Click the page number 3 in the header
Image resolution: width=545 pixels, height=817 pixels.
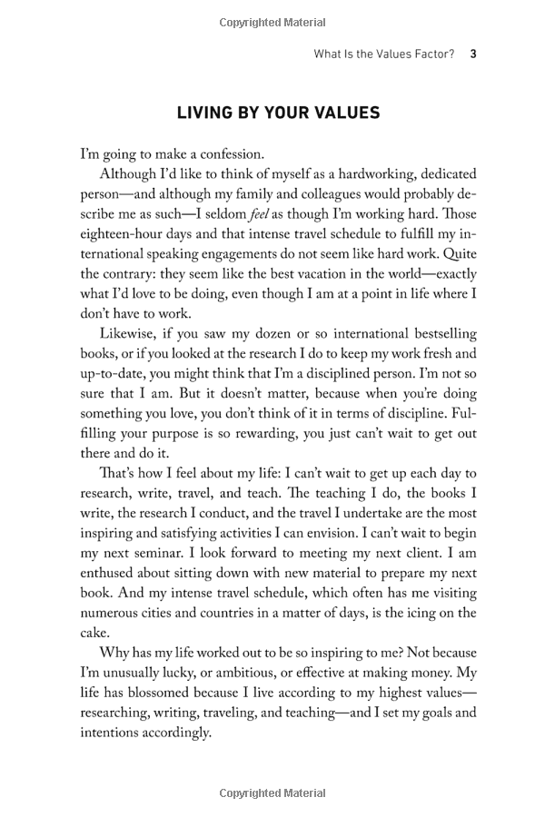(x=473, y=54)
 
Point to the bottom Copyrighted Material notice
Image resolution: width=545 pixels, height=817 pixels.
(x=272, y=793)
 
